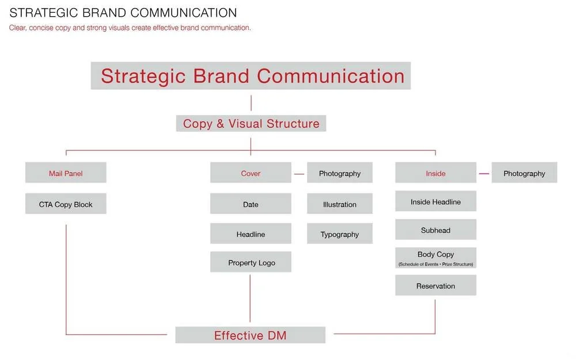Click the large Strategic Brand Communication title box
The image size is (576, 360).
pyautogui.click(x=251, y=76)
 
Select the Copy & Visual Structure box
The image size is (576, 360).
pyautogui.click(x=251, y=123)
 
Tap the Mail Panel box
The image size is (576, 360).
pyautogui.click(x=66, y=173)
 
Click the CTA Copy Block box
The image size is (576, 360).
pyautogui.click(x=66, y=204)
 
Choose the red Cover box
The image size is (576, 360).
pyautogui.click(x=251, y=173)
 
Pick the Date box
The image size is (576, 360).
pyautogui.click(x=251, y=204)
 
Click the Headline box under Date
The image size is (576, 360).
pyautogui.click(x=251, y=234)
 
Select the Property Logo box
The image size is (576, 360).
pyautogui.click(x=251, y=262)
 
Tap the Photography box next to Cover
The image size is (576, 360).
pyautogui.click(x=340, y=173)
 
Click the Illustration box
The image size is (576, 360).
pyautogui.click(x=340, y=204)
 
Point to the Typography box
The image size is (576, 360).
pyautogui.click(x=340, y=234)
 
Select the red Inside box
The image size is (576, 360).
pyautogui.click(x=435, y=173)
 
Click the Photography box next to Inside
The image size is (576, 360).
pyautogui.click(x=524, y=173)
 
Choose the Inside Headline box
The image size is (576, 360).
pyautogui.click(x=435, y=202)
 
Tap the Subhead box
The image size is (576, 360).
pyautogui.click(x=435, y=230)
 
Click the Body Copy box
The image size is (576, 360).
pyautogui.click(x=435, y=257)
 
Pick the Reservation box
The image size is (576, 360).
pyautogui.click(x=435, y=286)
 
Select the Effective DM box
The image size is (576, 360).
pyautogui.click(x=250, y=335)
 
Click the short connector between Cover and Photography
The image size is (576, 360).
pyautogui.click(x=299, y=173)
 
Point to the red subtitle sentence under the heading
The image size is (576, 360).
pyautogui.click(x=130, y=28)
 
